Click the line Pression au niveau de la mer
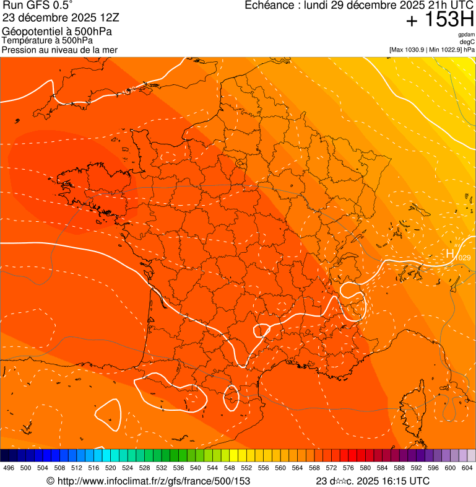tap(59, 50)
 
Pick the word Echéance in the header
tap(268, 6)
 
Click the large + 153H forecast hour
tap(440, 20)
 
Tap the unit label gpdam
tap(467, 35)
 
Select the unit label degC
tap(467, 42)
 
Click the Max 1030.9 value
tap(410, 49)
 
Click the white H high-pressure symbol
tap(451, 253)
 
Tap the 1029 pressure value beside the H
tap(463, 257)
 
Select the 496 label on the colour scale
tap(9, 468)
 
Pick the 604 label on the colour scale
tap(467, 468)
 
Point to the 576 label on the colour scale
tap(348, 468)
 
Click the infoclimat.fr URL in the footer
tap(154, 481)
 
